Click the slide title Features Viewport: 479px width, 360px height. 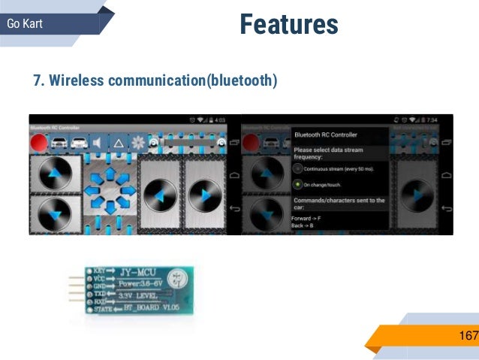(x=289, y=25)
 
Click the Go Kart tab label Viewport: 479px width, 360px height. (x=25, y=24)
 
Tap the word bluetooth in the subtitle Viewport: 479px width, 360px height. (x=239, y=80)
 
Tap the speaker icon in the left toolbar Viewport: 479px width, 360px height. (x=97, y=143)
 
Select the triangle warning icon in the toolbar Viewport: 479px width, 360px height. (x=117, y=143)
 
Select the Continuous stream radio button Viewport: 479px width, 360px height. (x=299, y=169)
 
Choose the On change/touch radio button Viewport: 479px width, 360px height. (x=299, y=184)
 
